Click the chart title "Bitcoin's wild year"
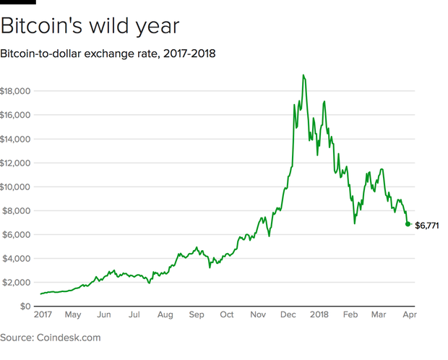(x=89, y=26)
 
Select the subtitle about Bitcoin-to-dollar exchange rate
(x=108, y=53)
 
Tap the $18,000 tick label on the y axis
(x=15, y=91)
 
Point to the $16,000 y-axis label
(x=15, y=115)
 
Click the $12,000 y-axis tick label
(x=15, y=163)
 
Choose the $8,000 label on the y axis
(x=17, y=210)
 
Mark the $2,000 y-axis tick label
(x=17, y=282)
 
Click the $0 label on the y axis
(x=26, y=306)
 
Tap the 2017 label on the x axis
(x=43, y=315)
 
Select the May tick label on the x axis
(x=73, y=315)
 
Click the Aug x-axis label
(x=165, y=315)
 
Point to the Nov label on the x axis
(x=258, y=315)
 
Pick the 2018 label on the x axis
(x=319, y=315)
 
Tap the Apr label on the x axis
(x=408, y=315)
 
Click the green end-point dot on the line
(x=408, y=225)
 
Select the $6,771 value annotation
(x=427, y=226)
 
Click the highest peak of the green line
(x=303, y=75)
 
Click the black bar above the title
(x=17, y=2)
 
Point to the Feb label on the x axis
(x=350, y=315)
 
